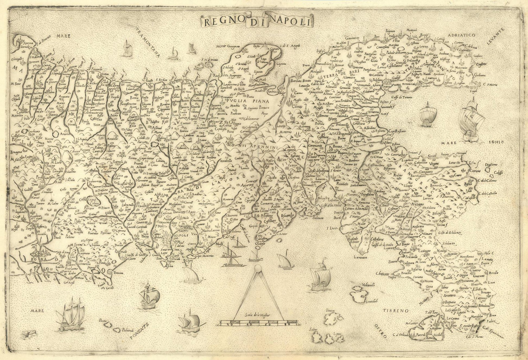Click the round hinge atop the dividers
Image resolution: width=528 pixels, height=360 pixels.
pyautogui.click(x=258, y=269)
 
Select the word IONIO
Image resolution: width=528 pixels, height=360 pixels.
pyautogui.click(x=495, y=142)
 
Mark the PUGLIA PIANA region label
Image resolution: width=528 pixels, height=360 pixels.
pyautogui.click(x=247, y=101)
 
